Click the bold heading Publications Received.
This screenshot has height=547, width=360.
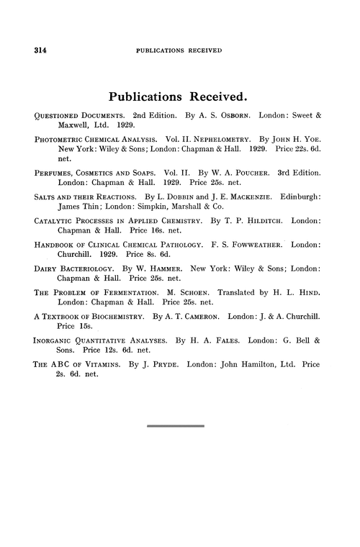point(179,95)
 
